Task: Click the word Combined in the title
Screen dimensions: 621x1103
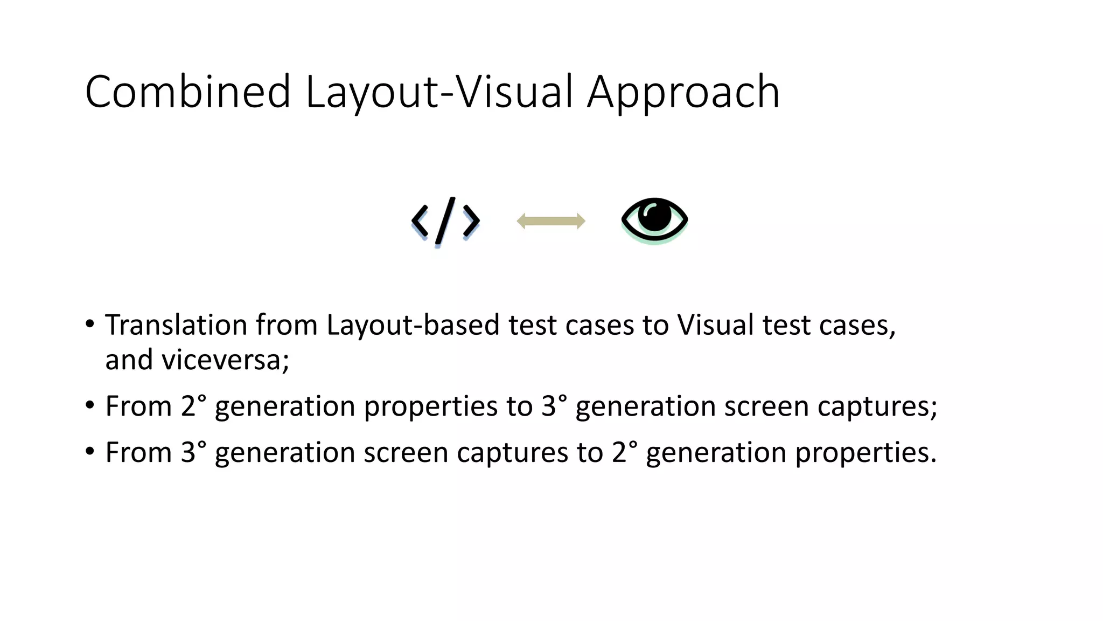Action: (x=188, y=92)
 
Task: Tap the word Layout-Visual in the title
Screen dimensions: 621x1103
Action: (x=439, y=92)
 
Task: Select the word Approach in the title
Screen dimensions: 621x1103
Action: (x=683, y=92)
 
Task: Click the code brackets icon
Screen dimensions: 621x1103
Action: (x=445, y=222)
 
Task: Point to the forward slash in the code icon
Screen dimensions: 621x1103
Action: (x=445, y=222)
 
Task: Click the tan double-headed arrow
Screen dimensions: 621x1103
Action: (x=551, y=221)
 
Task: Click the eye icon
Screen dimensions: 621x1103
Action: (x=654, y=220)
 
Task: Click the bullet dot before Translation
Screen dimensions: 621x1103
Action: (x=90, y=324)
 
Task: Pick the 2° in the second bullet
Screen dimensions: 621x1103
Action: (x=193, y=406)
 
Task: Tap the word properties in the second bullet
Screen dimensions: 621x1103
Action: (x=430, y=406)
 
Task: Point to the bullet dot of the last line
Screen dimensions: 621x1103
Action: (x=90, y=451)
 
